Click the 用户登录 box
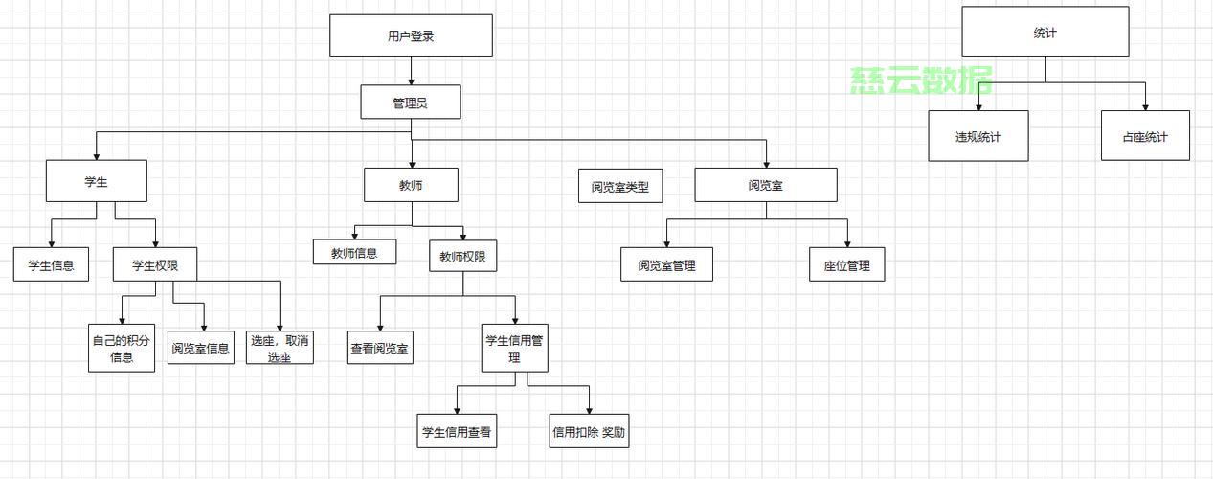411,35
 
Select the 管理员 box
410,103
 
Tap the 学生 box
96,181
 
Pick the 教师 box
411,185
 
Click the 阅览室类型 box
619,187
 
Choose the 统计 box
1045,33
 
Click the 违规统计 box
977,136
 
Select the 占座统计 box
1145,136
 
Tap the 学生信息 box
51,264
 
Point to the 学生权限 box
155,264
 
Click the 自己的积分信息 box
122,349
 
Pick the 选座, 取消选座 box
280,349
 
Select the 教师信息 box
354,252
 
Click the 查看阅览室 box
379,349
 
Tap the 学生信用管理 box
514,348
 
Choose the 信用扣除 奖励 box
589,431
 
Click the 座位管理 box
846,265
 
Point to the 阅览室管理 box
666,265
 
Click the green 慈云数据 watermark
921,81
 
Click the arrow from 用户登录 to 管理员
411,71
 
